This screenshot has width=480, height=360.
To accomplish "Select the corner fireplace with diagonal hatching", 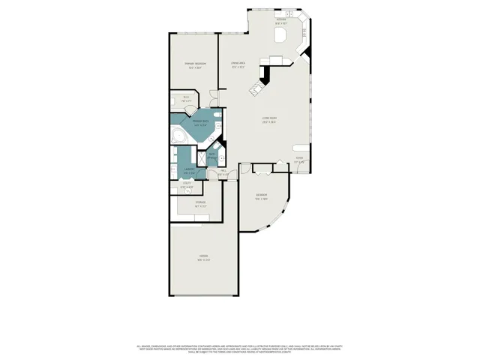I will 264,74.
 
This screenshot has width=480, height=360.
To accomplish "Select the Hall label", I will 223,173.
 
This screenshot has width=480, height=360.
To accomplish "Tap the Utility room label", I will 187,186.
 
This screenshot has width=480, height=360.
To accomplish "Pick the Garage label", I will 202,259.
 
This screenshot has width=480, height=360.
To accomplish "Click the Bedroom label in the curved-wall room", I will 261,198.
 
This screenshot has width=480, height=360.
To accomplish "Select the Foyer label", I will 299,158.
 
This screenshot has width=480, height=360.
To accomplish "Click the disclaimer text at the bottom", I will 240,348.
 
